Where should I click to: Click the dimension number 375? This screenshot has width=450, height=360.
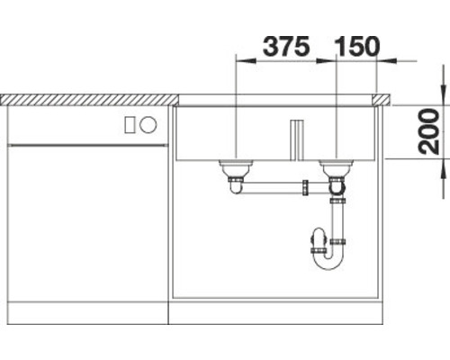click(285, 44)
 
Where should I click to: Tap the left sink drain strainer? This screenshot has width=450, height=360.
click(236, 166)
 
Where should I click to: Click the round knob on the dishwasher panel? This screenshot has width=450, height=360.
click(150, 124)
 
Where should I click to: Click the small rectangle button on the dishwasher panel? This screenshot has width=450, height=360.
click(131, 124)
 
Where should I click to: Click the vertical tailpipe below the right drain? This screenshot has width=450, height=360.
click(337, 216)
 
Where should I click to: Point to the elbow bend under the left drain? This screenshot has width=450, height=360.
click(237, 185)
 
